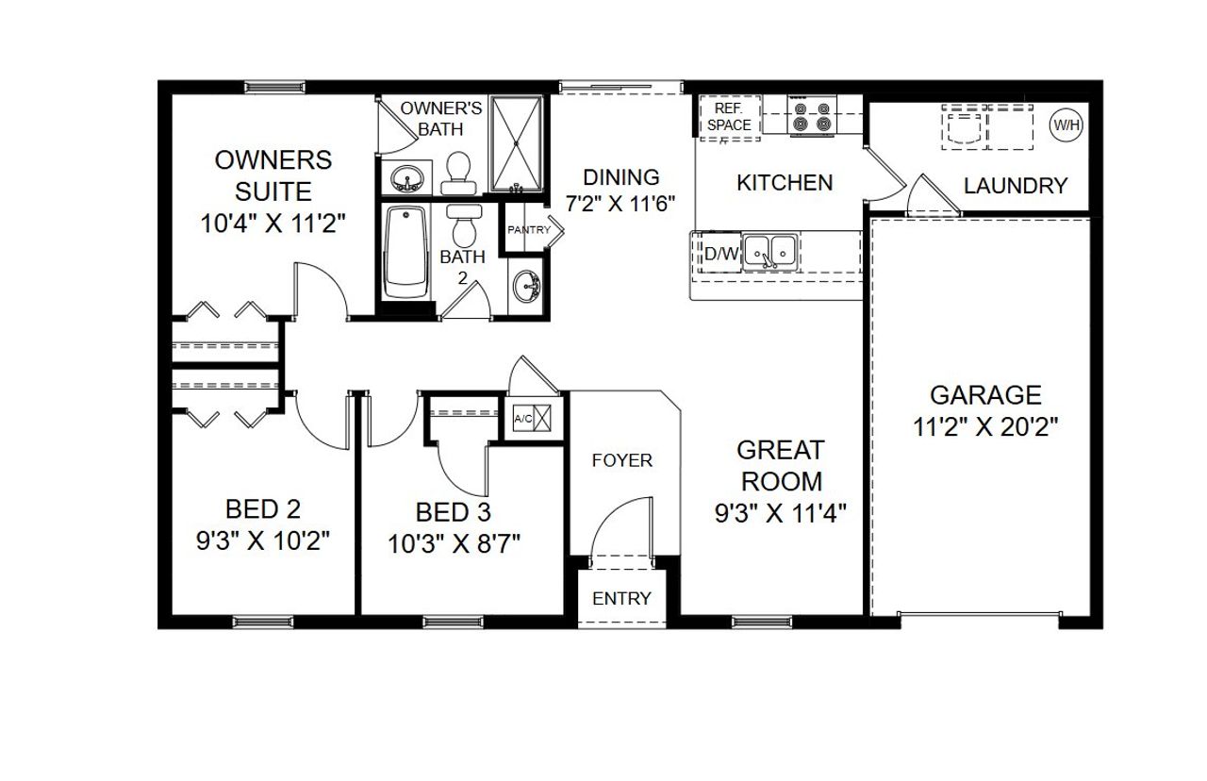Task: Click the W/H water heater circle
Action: (1066, 125)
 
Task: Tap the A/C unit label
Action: (521, 418)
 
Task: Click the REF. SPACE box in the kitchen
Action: (729, 117)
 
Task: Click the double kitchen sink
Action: (769, 252)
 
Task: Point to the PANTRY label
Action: (529, 230)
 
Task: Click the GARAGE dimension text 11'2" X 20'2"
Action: (985, 426)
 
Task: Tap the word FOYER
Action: (621, 460)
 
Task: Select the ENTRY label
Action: (621, 598)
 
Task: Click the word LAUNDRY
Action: (1016, 186)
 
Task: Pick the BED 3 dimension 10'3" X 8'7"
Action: (455, 544)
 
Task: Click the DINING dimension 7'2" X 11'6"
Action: (621, 204)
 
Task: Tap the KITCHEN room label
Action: (785, 182)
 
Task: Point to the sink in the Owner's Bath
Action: (407, 176)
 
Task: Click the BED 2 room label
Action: (263, 509)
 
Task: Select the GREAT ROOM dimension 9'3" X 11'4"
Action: (781, 513)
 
